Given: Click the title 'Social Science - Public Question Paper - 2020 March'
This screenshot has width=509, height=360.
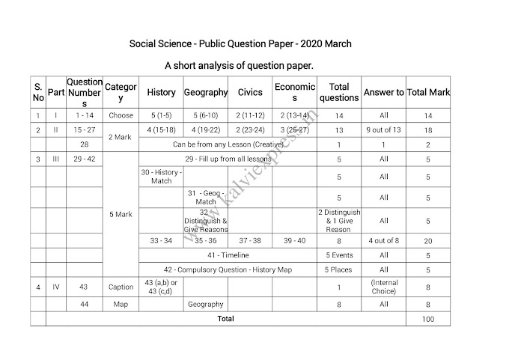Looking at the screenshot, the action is click(x=241, y=44).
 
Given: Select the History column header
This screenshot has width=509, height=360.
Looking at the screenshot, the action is click(x=161, y=93).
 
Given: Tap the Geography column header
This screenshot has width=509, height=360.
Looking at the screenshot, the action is click(x=206, y=93).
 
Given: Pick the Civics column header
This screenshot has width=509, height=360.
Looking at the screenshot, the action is click(x=250, y=93).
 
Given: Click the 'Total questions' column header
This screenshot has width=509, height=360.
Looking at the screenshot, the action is click(x=339, y=93).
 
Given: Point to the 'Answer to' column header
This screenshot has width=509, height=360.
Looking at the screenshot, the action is click(x=383, y=93).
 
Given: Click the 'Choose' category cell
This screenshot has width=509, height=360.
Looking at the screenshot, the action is click(x=121, y=116).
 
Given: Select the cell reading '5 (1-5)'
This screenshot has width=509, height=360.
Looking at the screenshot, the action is click(x=161, y=116).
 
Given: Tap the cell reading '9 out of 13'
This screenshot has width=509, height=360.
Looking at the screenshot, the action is click(x=383, y=129).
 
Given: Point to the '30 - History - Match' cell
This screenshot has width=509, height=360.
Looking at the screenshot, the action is click(x=161, y=177).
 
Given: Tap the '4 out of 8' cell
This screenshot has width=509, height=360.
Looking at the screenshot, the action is click(x=383, y=241).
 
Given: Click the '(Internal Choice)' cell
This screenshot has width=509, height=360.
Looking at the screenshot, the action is click(x=383, y=287).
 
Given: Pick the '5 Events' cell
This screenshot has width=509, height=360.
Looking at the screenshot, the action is click(x=339, y=255).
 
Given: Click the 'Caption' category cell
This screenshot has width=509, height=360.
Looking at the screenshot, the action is click(x=121, y=287).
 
